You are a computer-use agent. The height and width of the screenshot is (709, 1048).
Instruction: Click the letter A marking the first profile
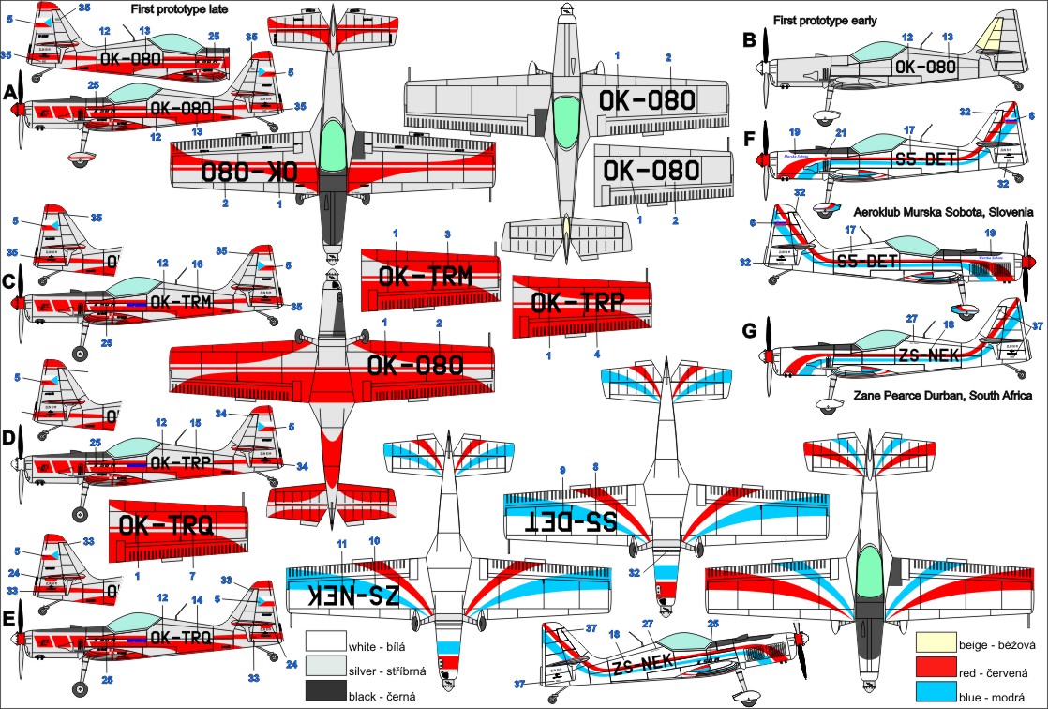(x=11, y=94)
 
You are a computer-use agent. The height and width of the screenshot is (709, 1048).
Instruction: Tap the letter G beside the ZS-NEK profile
(x=748, y=330)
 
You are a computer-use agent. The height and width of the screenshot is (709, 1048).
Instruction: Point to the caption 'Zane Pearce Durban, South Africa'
(x=942, y=396)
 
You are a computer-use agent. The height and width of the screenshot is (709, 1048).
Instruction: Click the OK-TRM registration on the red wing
(x=425, y=275)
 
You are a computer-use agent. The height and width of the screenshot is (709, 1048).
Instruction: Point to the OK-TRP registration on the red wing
(x=577, y=302)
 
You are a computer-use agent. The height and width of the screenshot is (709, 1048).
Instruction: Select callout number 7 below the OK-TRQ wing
(x=193, y=575)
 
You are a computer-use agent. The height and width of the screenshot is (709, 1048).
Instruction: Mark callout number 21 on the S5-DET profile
(x=841, y=132)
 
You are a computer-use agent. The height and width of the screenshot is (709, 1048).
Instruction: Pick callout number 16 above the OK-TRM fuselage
(x=197, y=264)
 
